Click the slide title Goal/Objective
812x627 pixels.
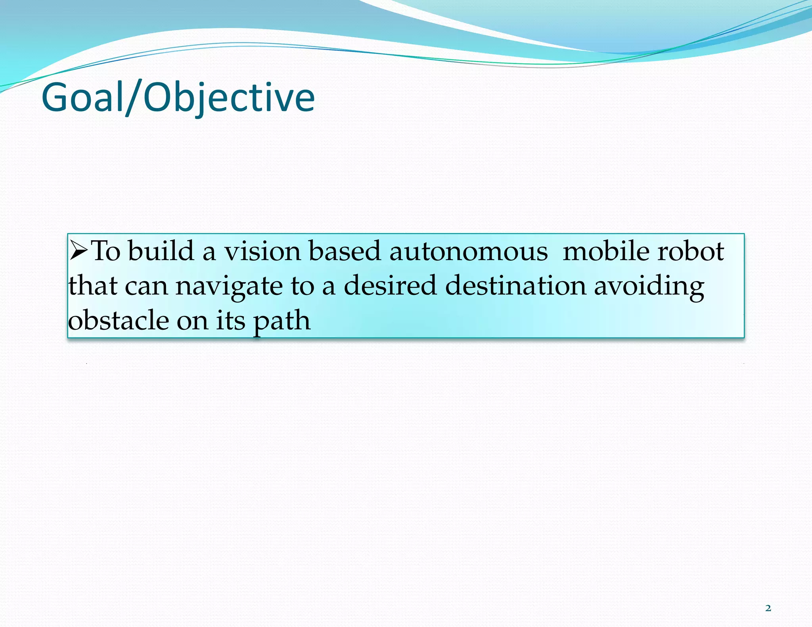[178, 97]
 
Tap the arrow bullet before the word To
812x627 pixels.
[79, 251]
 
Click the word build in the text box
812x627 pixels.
[161, 251]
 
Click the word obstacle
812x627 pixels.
[118, 320]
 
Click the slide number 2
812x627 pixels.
[768, 608]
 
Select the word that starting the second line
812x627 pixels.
[93, 285]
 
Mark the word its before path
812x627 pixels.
[231, 320]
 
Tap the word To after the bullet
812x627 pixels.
[106, 251]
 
